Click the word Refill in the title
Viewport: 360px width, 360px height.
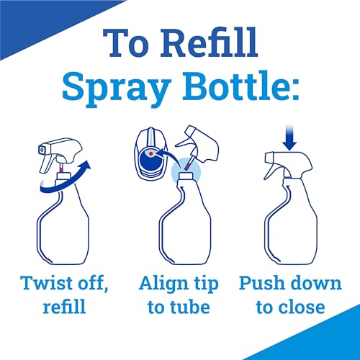(209, 42)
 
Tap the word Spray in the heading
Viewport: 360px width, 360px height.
(117, 88)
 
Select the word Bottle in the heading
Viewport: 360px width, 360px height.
(241, 86)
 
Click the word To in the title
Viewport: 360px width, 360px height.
(127, 43)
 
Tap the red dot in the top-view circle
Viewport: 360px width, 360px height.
(150, 153)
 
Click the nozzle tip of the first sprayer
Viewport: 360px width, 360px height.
(42, 150)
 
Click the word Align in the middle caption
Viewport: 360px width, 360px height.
(163, 284)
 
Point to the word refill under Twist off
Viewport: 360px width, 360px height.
(64, 306)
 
